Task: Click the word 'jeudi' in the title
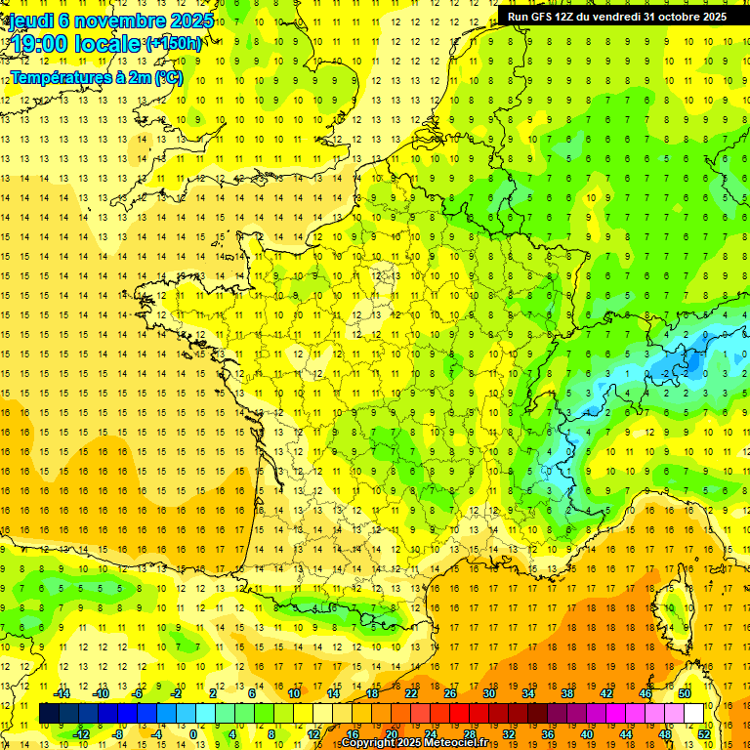(29, 20)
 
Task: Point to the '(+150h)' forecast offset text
(174, 43)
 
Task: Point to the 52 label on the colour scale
(704, 734)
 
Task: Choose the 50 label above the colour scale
(685, 693)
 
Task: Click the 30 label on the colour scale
(488, 693)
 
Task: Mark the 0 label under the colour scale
(193, 734)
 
